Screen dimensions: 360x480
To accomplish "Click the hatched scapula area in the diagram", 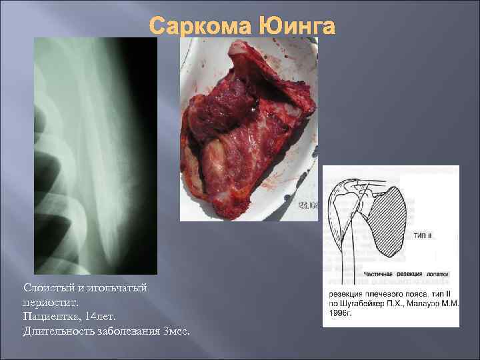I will click(x=389, y=220).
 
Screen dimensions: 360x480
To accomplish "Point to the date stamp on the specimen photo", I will click(x=308, y=206).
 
